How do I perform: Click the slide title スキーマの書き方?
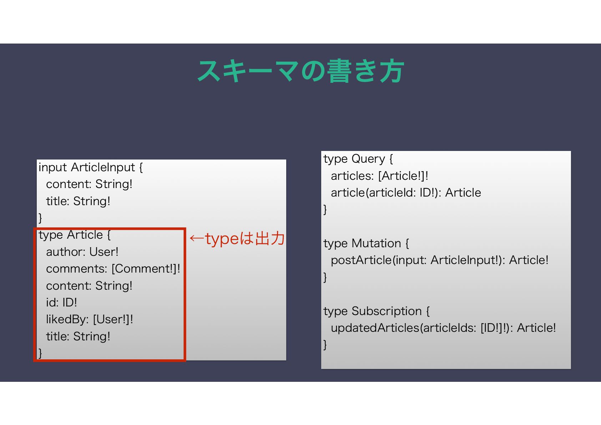pyautogui.click(x=300, y=71)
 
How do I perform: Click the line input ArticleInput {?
pyautogui.click(x=91, y=167)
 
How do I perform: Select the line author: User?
pyautogui.click(x=82, y=252)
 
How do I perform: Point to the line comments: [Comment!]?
pyautogui.click(x=113, y=269)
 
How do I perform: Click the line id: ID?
pyautogui.click(x=61, y=303)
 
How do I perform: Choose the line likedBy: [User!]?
pyautogui.click(x=89, y=319)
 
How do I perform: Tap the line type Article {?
pyautogui.click(x=75, y=235)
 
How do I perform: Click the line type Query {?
pyautogui.click(x=358, y=159)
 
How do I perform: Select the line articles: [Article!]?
pyautogui.click(x=379, y=176)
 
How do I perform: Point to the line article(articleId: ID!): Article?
pyautogui.click(x=406, y=193)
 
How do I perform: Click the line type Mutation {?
pyautogui.click(x=366, y=243)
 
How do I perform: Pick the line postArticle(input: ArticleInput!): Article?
pyautogui.click(x=439, y=260)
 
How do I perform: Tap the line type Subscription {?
pyautogui.click(x=377, y=311)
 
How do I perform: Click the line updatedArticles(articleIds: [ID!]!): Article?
pyautogui.click(x=443, y=328)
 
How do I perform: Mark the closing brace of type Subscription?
pyautogui.click(x=325, y=345)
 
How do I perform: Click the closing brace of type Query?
pyautogui.click(x=325, y=209)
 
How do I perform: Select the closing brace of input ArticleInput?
pyautogui.click(x=40, y=218)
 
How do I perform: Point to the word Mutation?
pyautogui.click(x=376, y=243)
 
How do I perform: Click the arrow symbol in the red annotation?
pyautogui.click(x=197, y=238)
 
